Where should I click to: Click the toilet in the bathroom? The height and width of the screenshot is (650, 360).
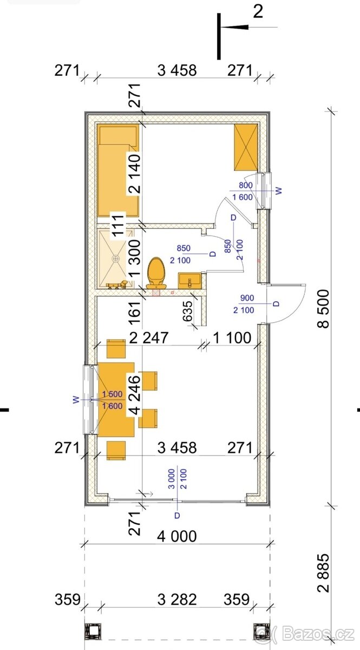coord(156,273)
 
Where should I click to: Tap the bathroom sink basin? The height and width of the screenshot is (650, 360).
coord(189,281)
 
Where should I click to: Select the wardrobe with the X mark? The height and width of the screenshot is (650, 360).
coord(246,147)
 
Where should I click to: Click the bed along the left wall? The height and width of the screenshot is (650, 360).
coord(118,171)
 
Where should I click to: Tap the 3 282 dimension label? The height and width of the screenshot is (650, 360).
coord(177,600)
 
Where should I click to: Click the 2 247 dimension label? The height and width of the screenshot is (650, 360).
coord(148,338)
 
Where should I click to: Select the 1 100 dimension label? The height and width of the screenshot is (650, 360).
coord(232,338)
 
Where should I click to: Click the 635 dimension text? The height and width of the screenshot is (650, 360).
coord(188,311)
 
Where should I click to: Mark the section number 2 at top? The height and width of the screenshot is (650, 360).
coord(258,12)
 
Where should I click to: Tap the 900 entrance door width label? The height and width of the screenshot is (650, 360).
coord(247,298)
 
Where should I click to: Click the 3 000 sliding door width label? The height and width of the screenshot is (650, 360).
coord(172,479)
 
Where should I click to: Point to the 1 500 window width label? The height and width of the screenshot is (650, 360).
coord(112,394)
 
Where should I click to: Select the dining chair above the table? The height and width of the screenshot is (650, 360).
coord(116,349)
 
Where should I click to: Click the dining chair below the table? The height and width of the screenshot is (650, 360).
coord(116,451)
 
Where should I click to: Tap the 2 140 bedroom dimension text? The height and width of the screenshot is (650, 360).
coord(134,173)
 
